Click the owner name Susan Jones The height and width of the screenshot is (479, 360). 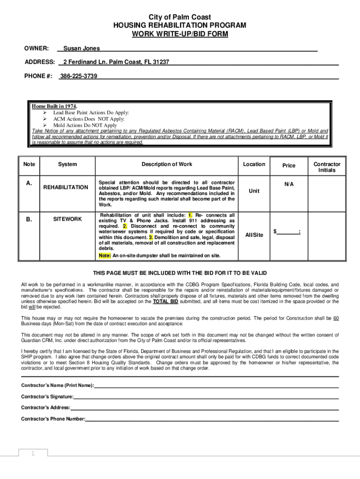click(x=81, y=48)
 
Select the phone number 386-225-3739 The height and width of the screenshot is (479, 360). click(x=79, y=76)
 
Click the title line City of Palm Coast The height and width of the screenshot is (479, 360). click(x=180, y=17)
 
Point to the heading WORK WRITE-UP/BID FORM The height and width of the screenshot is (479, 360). click(x=180, y=34)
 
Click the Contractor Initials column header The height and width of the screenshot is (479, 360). click(x=327, y=167)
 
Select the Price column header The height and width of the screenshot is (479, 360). click(x=289, y=166)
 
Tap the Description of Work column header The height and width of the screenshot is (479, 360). click(x=167, y=164)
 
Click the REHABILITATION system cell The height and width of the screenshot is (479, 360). click(x=65, y=187)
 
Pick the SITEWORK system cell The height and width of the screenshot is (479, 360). click(x=67, y=219)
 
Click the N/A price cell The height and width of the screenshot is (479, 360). click(x=289, y=184)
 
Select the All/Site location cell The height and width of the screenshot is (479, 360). click(x=254, y=235)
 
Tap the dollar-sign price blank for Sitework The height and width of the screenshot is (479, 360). click(x=287, y=232)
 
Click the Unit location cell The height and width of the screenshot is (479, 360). click(x=254, y=191)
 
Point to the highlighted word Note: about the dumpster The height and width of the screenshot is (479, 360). click(x=105, y=256)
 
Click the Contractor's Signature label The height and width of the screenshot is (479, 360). click(x=47, y=397)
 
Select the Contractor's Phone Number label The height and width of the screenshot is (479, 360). click(x=53, y=419)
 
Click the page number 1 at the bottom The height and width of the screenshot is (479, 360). click(x=33, y=453)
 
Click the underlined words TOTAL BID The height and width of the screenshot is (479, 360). click(x=166, y=302)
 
